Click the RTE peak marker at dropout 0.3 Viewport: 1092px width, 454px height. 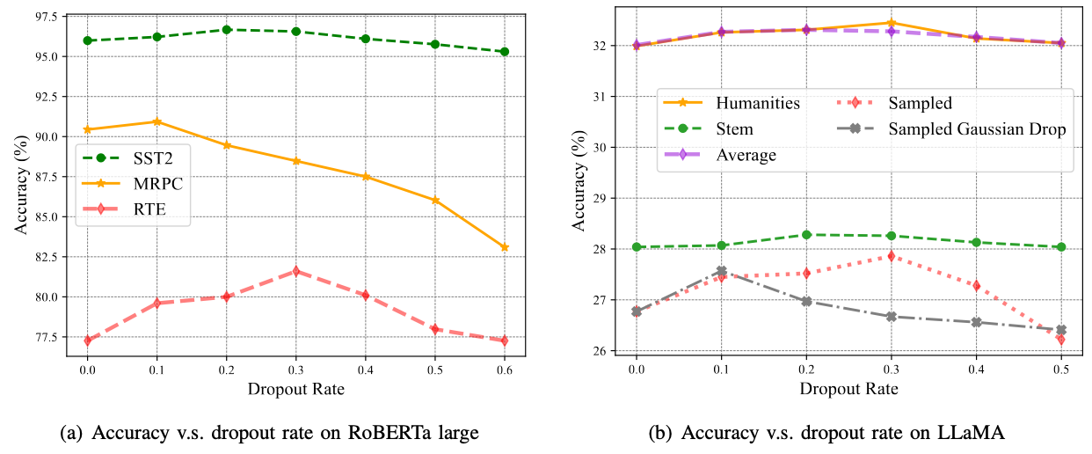pos(295,271)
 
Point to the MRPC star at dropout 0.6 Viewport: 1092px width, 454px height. pos(504,247)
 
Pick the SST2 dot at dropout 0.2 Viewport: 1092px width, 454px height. pos(226,29)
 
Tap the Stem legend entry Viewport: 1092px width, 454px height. pos(734,129)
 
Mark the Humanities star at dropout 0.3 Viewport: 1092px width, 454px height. pos(890,23)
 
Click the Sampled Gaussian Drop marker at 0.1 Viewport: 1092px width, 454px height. pos(721,271)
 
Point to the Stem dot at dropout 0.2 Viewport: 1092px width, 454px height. pos(805,235)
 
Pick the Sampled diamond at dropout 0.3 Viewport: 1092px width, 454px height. pos(890,256)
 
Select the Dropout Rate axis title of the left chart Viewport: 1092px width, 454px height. pos(295,388)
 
